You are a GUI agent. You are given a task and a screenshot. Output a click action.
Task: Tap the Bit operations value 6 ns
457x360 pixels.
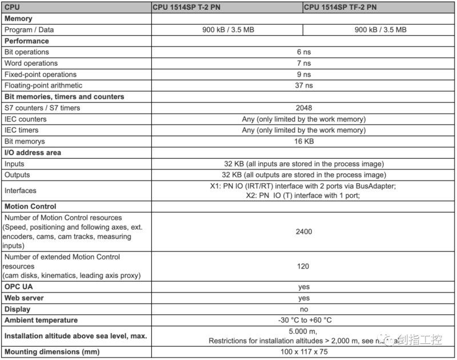tap(303, 52)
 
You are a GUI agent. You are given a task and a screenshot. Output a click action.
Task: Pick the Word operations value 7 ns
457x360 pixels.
tap(303, 63)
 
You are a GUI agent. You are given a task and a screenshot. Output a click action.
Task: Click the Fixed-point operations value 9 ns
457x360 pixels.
tap(303, 74)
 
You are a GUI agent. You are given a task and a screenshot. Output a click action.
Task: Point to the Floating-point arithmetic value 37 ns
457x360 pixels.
tap(303, 86)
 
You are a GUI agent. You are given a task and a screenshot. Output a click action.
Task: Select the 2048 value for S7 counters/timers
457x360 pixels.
tap(303, 108)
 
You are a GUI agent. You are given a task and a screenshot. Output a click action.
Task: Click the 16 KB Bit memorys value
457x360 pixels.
tap(303, 141)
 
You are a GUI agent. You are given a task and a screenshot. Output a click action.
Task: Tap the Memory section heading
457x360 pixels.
tap(18, 19)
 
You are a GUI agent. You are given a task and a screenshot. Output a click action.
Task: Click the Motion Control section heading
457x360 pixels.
tap(30, 206)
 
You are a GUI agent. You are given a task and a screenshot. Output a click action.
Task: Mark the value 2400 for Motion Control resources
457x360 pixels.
tap(303, 231)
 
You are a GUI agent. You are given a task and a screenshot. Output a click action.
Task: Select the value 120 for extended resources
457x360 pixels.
tap(303, 266)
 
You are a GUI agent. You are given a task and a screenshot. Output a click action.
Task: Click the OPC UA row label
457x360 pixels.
tap(19, 287)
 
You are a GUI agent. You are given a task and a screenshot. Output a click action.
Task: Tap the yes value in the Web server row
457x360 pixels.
tap(303, 298)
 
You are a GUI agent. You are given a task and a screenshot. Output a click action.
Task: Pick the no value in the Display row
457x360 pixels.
tap(303, 309)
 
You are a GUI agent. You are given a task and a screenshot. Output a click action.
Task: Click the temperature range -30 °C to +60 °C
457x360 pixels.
tap(303, 321)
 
